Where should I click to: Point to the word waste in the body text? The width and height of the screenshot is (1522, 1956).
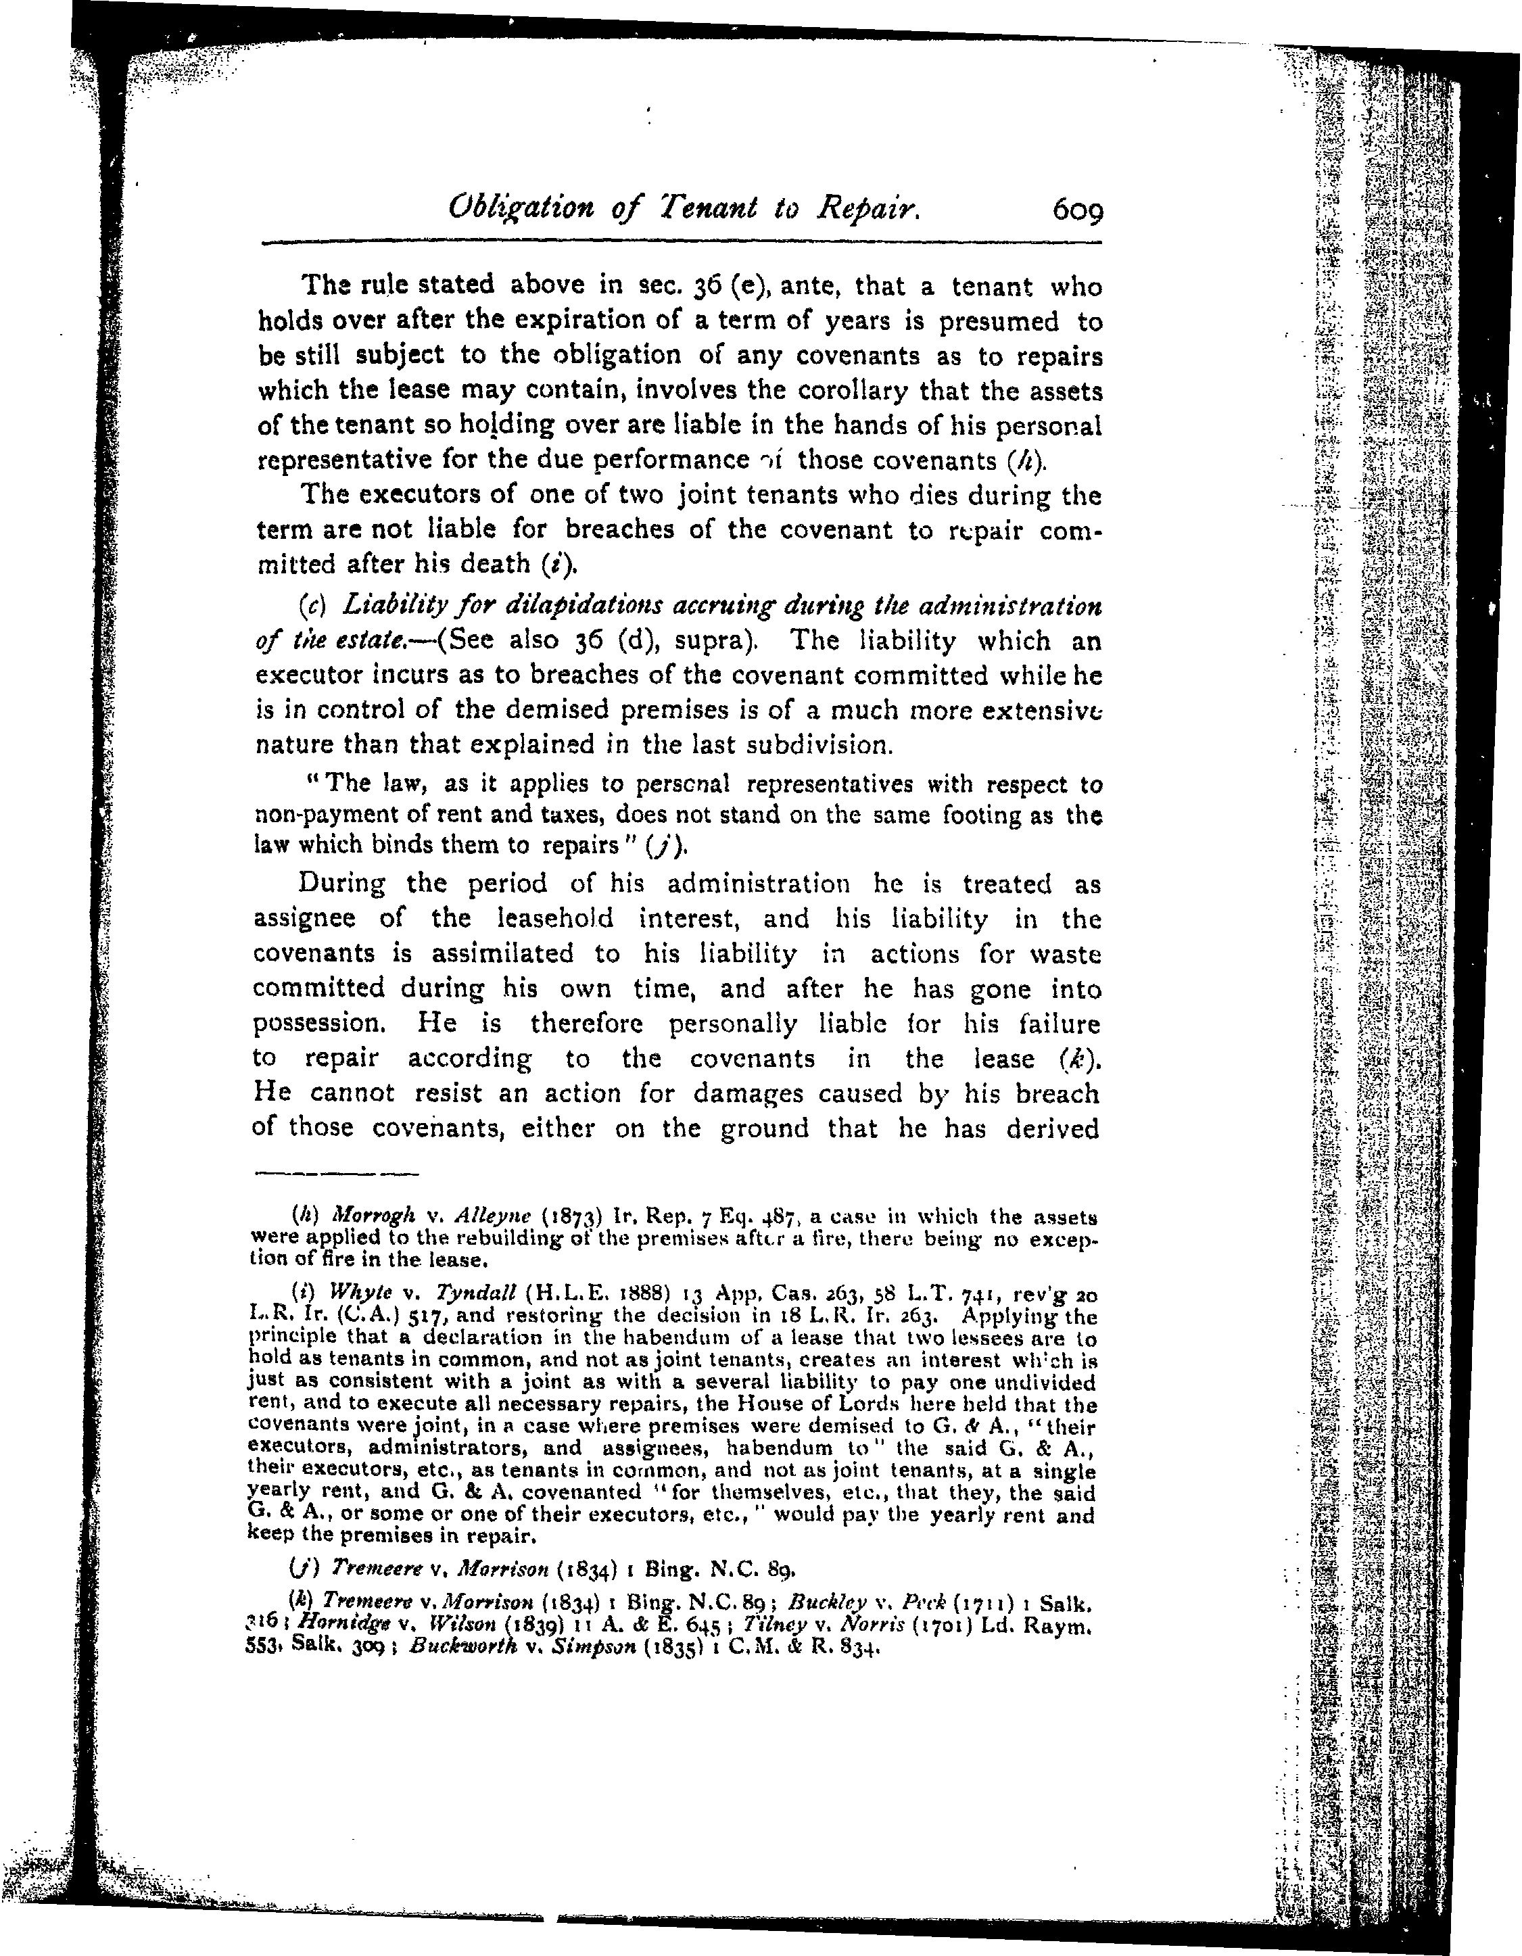1064,954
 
